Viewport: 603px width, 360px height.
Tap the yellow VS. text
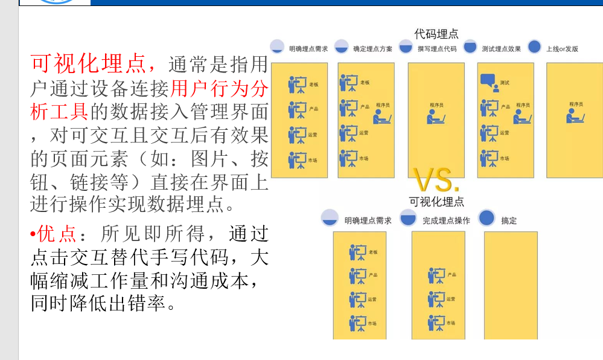pyautogui.click(x=436, y=179)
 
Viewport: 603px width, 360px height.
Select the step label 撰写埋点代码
pyautogui.click(x=437, y=48)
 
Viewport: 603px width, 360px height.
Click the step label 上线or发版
pyautogui.click(x=562, y=48)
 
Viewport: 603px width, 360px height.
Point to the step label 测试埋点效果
pyautogui.click(x=501, y=48)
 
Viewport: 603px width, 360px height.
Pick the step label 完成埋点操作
pyautogui.click(x=446, y=220)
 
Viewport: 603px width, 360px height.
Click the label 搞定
pyautogui.click(x=509, y=220)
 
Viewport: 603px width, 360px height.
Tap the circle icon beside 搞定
pyautogui.click(x=486, y=218)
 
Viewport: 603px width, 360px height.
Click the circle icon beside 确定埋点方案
pyautogui.click(x=342, y=47)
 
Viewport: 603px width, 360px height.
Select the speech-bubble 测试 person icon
pyautogui.click(x=489, y=83)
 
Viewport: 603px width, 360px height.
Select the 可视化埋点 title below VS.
pyautogui.click(x=436, y=202)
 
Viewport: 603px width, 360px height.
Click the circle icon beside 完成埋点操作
pyautogui.click(x=409, y=218)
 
